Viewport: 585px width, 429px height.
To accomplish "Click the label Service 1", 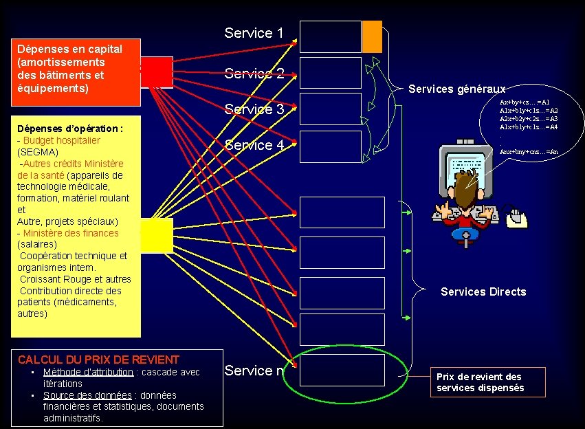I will pyautogui.click(x=254, y=33).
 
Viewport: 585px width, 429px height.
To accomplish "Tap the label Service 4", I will pyautogui.click(x=254, y=145).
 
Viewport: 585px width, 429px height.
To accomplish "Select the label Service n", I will pyautogui.click(x=254, y=371).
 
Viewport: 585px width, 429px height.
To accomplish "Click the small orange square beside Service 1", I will pyautogui.click(x=372, y=36).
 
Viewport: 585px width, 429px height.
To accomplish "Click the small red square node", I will pyautogui.click(x=157, y=72).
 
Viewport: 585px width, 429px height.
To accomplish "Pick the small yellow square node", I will pyautogui.click(x=157, y=235).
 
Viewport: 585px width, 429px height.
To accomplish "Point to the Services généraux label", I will pyautogui.click(x=456, y=89).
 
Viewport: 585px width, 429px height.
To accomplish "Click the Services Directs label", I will pyautogui.click(x=483, y=291).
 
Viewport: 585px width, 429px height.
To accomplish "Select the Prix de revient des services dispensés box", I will pyautogui.click(x=488, y=382).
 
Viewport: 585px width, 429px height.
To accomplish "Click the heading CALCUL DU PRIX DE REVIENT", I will pyautogui.click(x=98, y=360).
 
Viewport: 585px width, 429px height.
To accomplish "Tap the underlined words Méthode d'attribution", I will pyautogui.click(x=88, y=372).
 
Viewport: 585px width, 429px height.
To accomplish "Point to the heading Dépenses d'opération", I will pyautogui.click(x=70, y=129).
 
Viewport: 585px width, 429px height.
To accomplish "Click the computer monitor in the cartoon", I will pyautogui.click(x=467, y=168).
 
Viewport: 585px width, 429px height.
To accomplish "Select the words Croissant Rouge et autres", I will pyautogui.click(x=75, y=279).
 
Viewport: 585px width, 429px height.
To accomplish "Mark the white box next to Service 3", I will pyautogui.click(x=331, y=109).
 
